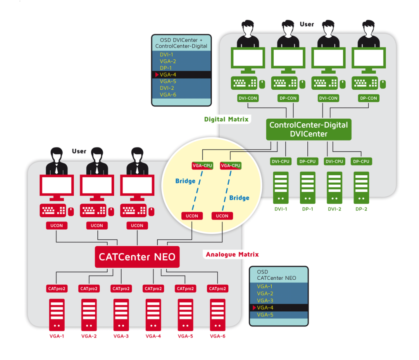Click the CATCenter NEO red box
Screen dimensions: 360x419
coord(137,257)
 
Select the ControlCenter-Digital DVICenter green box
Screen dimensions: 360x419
coord(308,129)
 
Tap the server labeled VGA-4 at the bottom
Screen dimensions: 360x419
coord(153,315)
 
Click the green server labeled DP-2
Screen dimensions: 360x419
coord(361,188)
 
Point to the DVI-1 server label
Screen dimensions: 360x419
coord(280,209)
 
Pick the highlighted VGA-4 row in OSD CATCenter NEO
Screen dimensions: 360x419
coord(278,308)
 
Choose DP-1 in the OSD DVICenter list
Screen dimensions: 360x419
coord(166,68)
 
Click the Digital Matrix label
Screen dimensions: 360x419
coord(226,119)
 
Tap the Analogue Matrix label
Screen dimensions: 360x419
coord(232,254)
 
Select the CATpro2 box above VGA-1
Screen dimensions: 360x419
coord(56,289)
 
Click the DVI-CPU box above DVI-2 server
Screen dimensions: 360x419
coord(334,161)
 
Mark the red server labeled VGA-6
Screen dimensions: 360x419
coord(218,315)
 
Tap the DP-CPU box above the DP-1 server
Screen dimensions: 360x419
coord(307,161)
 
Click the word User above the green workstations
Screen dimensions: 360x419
coord(307,24)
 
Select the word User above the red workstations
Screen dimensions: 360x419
coord(79,151)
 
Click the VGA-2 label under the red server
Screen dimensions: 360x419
coord(89,336)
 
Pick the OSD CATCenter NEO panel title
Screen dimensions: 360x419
coord(276,275)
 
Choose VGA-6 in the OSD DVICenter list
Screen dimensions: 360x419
coord(168,95)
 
